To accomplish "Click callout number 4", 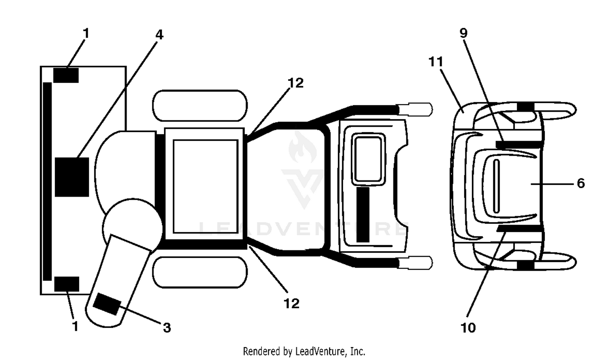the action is click(159, 35).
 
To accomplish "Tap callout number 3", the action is click(167, 327).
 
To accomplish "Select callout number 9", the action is click(464, 33).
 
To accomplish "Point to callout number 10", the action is click(468, 328).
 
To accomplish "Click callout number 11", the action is click(436, 62).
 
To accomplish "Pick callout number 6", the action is click(581, 183).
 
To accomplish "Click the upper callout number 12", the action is click(296, 83).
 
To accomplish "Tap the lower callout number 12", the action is click(292, 304).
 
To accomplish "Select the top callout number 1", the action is click(86, 33).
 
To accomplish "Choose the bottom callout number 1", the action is click(76, 326).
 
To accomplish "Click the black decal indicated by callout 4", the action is click(72, 177).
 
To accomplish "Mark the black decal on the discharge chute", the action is click(107, 304).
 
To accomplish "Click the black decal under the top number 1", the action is click(66, 76).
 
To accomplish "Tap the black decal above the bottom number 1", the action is click(67, 284).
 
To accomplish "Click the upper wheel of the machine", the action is click(200, 106).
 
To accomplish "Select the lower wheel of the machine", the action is click(200, 272).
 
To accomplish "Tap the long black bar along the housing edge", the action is click(48, 182).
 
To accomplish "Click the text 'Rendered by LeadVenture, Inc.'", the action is click(304, 351).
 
